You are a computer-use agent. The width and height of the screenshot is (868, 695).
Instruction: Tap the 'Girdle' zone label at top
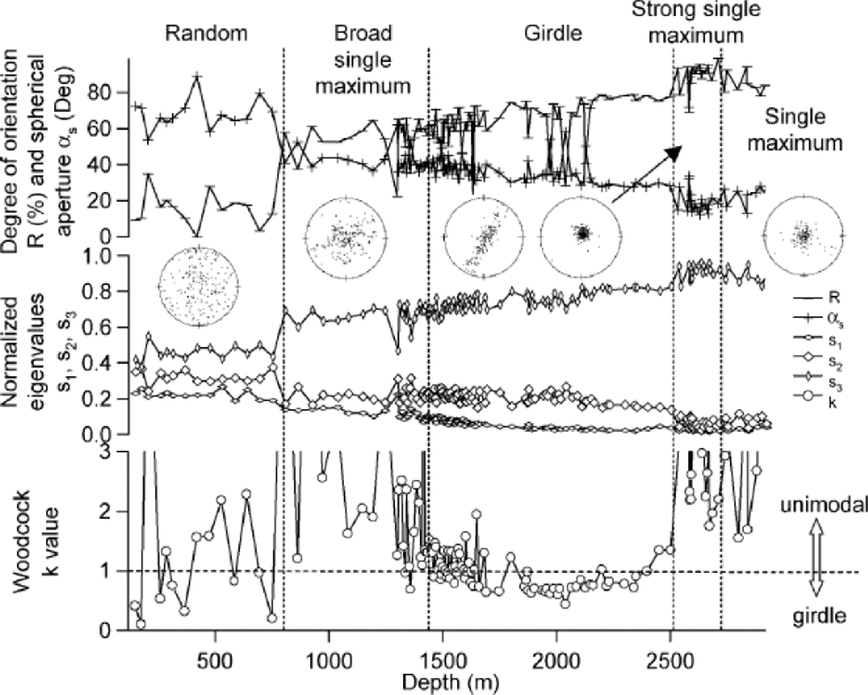550,35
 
